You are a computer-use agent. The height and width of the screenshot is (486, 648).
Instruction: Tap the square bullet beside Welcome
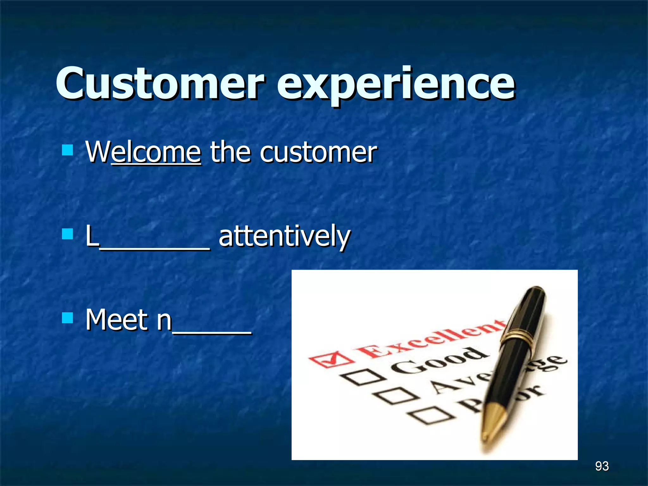tap(67, 150)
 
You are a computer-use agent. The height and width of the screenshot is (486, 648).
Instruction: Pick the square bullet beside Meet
tap(67, 317)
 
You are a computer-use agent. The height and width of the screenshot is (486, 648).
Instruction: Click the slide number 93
tap(601, 466)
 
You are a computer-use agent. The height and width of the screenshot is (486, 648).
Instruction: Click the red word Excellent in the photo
tap(430, 339)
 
